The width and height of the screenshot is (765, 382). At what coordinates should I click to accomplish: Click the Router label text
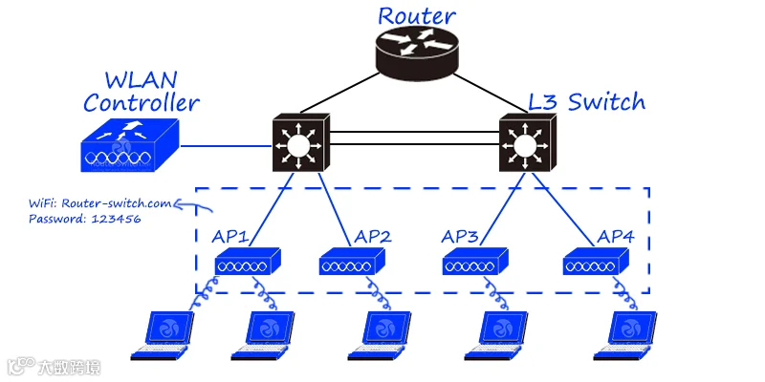417,16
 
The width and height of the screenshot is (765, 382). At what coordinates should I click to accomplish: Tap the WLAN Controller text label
142,92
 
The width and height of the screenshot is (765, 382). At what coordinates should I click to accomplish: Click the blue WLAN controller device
130,145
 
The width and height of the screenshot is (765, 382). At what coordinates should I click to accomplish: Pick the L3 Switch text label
587,102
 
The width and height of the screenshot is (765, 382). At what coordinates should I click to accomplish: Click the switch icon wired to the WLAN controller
301,142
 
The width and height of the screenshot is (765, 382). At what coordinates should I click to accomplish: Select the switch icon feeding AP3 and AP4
528,142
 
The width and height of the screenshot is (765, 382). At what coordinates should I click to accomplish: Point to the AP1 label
230,236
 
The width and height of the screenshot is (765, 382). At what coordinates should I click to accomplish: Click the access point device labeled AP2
352,261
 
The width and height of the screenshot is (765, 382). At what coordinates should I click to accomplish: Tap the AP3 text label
460,236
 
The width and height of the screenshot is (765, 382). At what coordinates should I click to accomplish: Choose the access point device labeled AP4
596,261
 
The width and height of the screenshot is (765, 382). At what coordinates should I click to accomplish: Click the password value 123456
116,219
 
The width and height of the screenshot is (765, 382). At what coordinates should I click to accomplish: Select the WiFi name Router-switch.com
117,203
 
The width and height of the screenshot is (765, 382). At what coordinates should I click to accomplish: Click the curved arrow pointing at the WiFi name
194,205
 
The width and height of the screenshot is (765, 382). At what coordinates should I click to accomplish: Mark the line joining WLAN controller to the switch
226,145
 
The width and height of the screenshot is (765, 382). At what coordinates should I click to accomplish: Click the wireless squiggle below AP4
625,293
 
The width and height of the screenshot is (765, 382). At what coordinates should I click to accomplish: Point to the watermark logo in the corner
54,367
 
